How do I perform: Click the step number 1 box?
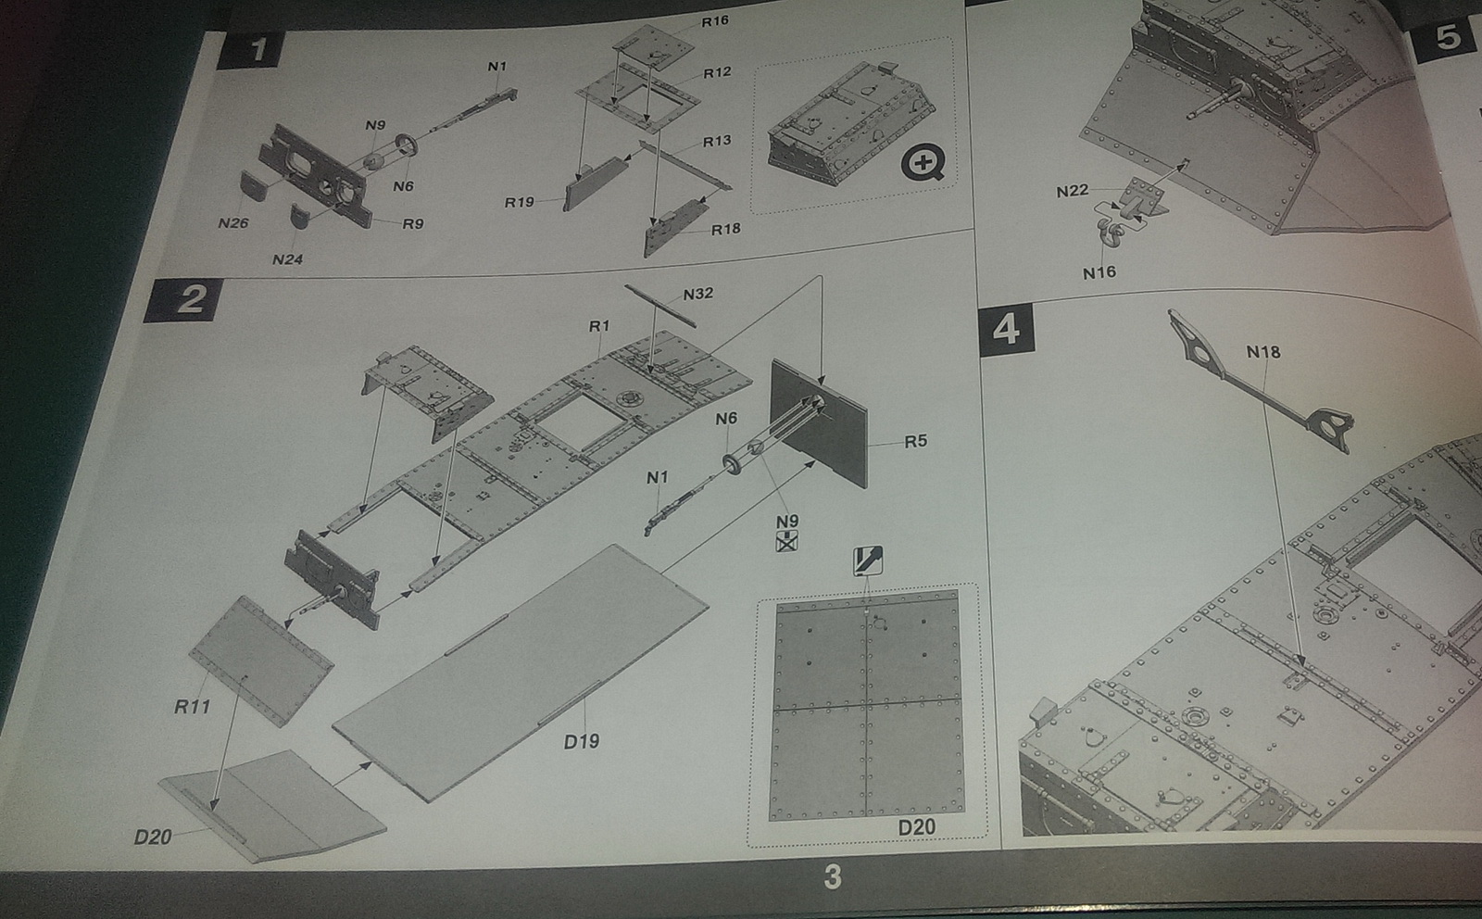251,50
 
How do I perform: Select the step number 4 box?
1006,329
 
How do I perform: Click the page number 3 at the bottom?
833,876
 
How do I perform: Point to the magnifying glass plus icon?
923,162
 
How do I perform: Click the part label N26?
232,223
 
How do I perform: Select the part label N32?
698,294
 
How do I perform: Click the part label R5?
916,441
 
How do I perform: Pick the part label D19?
582,742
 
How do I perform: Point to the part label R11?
192,707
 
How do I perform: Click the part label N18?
1263,352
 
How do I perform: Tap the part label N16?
1099,272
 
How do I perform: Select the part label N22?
1072,191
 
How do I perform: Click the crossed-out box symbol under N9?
786,541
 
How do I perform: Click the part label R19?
519,202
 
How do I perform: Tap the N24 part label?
287,259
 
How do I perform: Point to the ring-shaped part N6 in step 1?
407,145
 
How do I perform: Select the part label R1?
598,326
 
